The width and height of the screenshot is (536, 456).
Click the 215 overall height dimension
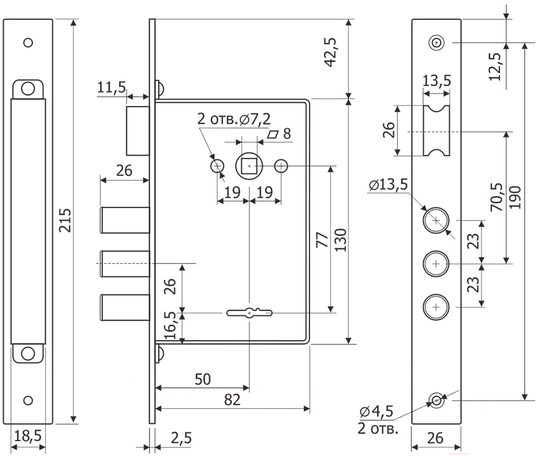point(65,220)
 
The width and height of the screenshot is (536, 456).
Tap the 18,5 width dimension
point(28,436)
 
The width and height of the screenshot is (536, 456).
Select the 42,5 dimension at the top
point(330,52)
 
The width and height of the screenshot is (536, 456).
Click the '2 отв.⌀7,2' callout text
point(234,119)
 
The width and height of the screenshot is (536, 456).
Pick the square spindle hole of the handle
point(249,166)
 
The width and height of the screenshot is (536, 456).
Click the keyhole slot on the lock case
point(249,312)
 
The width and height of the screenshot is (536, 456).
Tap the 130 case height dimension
point(341,240)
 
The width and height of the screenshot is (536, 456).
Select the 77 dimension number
point(323,240)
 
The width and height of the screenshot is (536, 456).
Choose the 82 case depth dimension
point(233,400)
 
